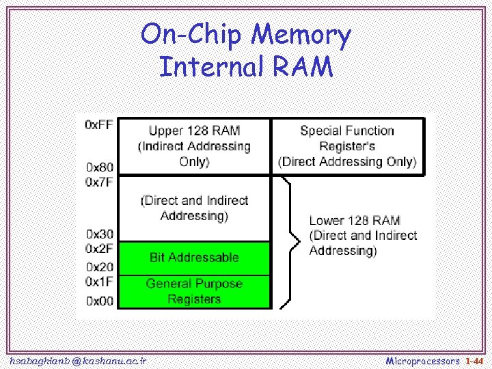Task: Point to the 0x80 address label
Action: click(99, 167)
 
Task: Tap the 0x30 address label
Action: click(99, 234)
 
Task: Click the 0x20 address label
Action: click(99, 266)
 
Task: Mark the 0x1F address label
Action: click(99, 281)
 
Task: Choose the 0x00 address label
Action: click(99, 301)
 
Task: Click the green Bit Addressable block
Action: click(195, 258)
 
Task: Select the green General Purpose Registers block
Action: click(195, 292)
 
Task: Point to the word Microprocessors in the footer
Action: click(423, 360)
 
